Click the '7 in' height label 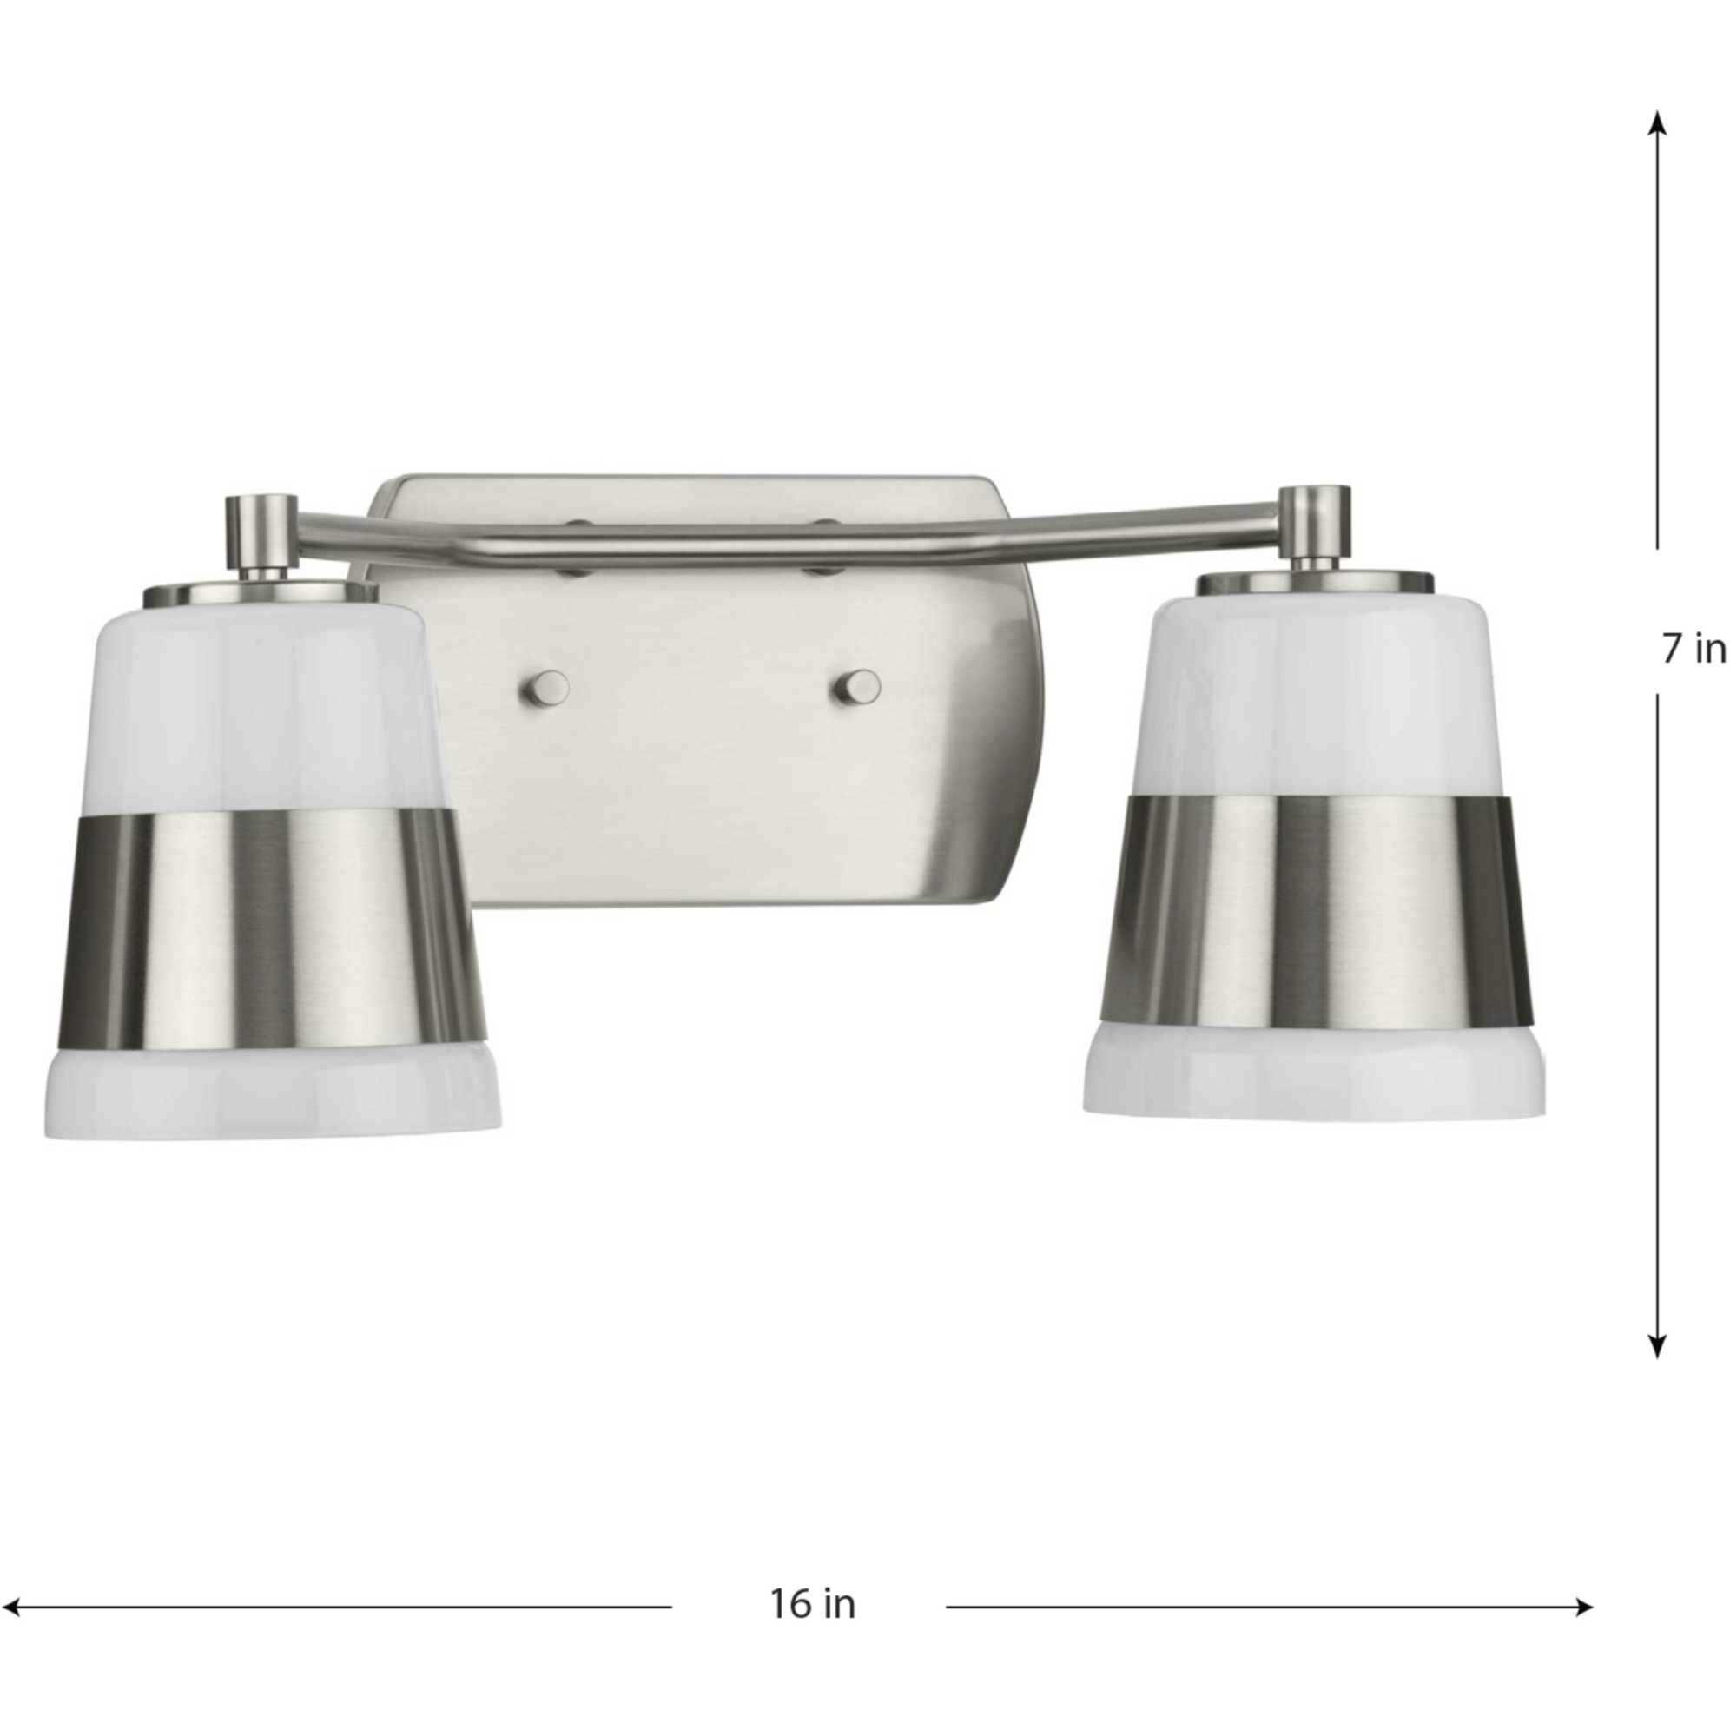coord(1694,650)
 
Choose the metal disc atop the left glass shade coord(260,592)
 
